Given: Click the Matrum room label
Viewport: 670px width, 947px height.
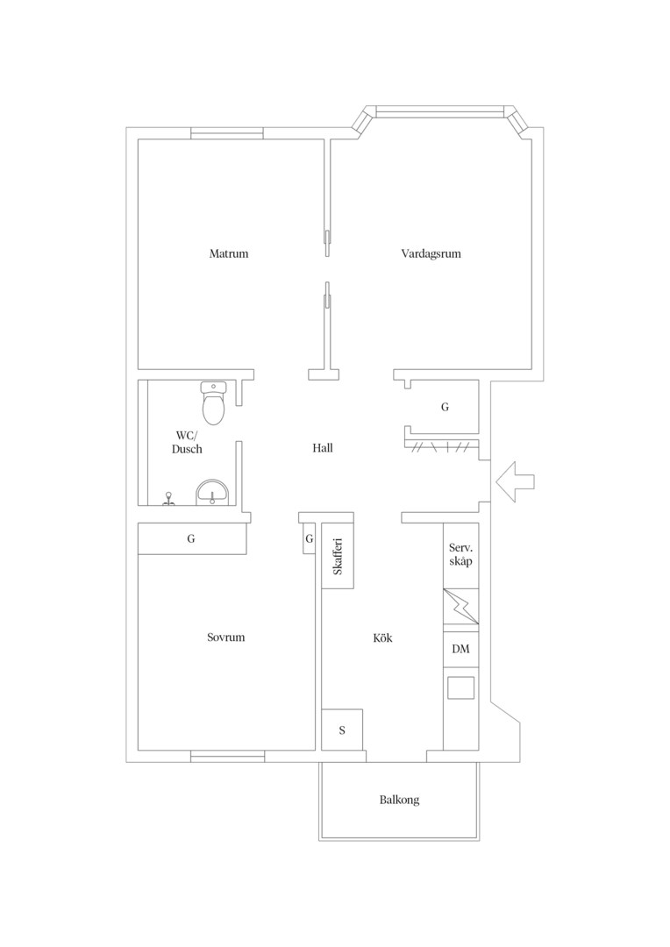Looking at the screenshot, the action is click(x=228, y=253).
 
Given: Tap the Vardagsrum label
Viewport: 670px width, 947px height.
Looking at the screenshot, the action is click(x=431, y=253).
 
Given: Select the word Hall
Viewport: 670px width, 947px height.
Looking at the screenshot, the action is click(x=323, y=448).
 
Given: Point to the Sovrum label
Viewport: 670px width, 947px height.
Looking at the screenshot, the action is click(x=226, y=637).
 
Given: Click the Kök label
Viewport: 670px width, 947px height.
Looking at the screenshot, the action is click(x=382, y=637).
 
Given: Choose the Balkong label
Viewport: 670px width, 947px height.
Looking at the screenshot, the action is click(x=399, y=800).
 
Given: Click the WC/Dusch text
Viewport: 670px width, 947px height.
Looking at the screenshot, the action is click(x=187, y=442).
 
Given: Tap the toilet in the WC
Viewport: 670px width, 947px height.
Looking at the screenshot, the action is click(x=212, y=402).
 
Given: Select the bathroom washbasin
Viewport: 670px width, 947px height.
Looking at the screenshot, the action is click(x=212, y=492).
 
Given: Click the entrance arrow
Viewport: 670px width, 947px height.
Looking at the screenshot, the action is click(x=515, y=481).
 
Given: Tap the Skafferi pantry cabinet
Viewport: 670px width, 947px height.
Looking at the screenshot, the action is click(x=337, y=556).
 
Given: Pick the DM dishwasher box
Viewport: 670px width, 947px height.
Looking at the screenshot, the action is click(x=461, y=649).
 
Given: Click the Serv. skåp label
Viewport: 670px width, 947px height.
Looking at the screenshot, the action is click(x=460, y=554).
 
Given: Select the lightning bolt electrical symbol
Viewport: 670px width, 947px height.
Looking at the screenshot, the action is click(x=461, y=607).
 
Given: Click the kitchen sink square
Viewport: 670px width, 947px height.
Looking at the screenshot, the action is click(x=460, y=688).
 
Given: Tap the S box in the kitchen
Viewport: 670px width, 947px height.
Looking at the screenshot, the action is click(x=342, y=730).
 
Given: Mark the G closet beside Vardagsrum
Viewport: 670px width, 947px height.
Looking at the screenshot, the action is click(x=445, y=407).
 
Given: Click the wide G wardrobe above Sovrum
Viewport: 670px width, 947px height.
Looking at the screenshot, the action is click(x=192, y=538).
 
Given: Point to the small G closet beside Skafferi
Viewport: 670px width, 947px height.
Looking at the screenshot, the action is click(x=309, y=538).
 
